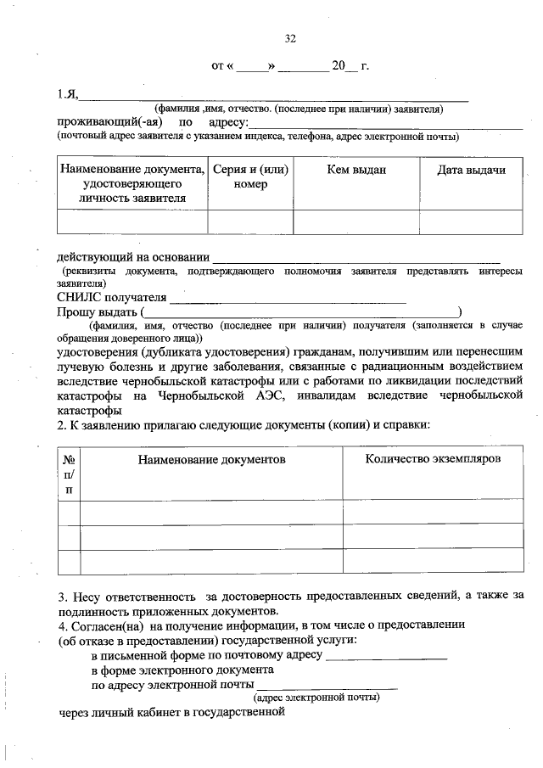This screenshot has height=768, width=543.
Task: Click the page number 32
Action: click(x=290, y=38)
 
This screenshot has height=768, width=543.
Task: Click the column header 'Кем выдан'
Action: click(x=356, y=171)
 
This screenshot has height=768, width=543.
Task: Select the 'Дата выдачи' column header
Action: click(x=471, y=171)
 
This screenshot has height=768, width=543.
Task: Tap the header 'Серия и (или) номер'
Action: click(x=250, y=177)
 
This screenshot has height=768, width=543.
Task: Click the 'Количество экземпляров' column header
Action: click(x=433, y=458)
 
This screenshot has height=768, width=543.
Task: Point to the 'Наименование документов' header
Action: click(x=211, y=459)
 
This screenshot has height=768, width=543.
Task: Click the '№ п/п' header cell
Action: click(x=69, y=474)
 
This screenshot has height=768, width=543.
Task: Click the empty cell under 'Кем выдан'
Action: click(x=356, y=221)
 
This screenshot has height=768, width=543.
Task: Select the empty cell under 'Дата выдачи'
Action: click(x=471, y=221)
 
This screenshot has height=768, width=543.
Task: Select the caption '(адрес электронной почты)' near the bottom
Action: click(x=316, y=697)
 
